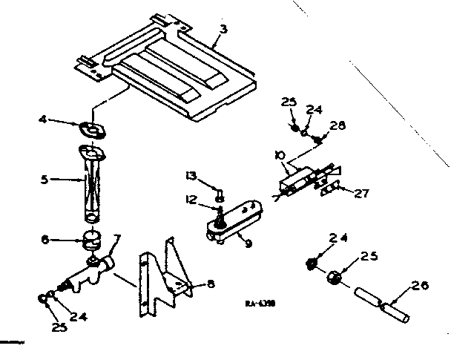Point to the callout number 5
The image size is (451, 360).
click(x=45, y=179)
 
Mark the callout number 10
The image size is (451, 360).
click(x=278, y=155)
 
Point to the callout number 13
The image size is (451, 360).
click(x=191, y=176)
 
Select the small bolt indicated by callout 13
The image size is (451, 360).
click(x=219, y=194)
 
